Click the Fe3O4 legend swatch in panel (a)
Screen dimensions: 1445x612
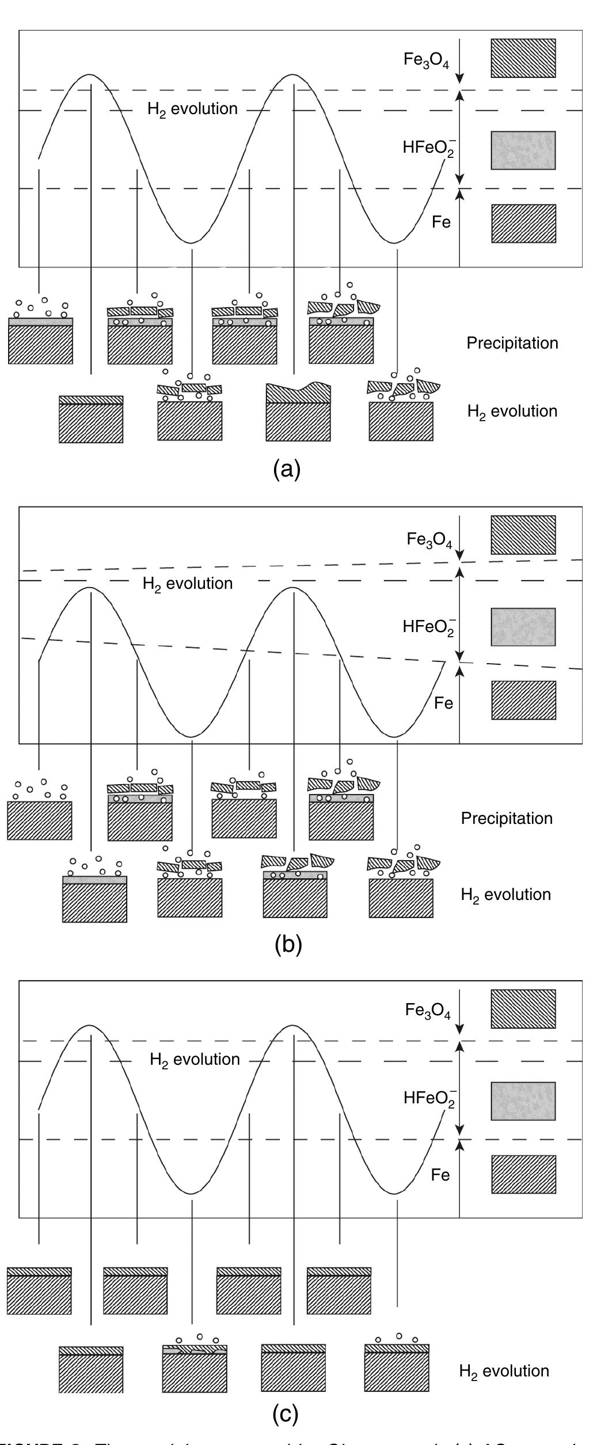(x=523, y=58)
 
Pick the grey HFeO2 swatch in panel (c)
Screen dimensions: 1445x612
(x=523, y=1101)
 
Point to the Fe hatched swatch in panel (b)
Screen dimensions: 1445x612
(x=523, y=700)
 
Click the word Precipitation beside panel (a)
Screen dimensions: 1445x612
(x=512, y=343)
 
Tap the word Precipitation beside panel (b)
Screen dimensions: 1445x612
(x=507, y=818)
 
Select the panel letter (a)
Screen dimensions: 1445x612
(x=287, y=470)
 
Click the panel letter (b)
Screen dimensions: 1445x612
(x=288, y=944)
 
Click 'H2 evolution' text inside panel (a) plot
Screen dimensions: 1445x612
(x=192, y=109)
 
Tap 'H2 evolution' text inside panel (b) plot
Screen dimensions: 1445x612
(x=188, y=584)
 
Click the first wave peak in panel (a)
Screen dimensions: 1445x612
(x=89, y=75)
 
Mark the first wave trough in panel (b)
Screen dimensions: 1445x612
(x=191, y=736)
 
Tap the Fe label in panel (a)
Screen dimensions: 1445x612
(x=441, y=222)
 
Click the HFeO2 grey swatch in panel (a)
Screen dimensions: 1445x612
(x=523, y=150)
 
